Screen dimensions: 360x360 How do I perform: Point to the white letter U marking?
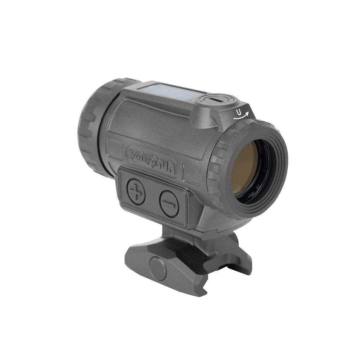tap(239, 112)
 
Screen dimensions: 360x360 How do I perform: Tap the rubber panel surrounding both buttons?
tap(153, 198)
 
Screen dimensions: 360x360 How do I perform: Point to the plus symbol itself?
tap(136, 188)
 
